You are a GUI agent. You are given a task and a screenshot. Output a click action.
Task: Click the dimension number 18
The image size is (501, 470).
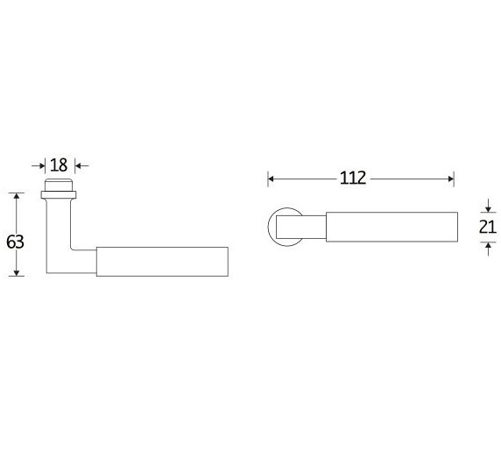59,165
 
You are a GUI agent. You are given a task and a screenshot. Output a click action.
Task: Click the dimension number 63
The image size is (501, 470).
14,242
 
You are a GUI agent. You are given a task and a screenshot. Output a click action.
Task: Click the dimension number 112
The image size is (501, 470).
352,179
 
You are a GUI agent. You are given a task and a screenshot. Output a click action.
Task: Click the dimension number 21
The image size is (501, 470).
488,228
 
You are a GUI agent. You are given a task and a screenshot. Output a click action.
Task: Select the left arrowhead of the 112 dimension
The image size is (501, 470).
272,179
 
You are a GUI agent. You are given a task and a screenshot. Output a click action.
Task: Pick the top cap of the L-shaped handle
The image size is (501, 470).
59,184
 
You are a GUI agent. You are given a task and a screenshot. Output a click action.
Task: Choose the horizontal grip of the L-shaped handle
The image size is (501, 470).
162,262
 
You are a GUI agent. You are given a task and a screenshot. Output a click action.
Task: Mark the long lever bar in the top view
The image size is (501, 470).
392,227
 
